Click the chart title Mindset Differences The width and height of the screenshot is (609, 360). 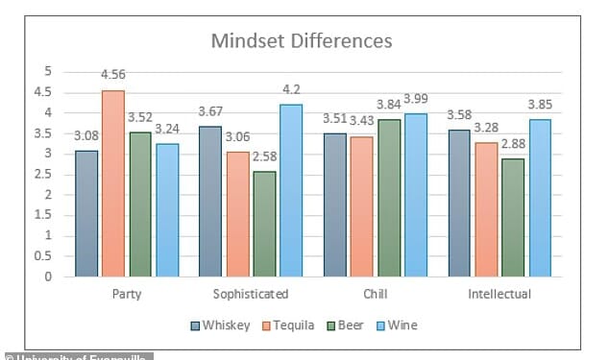(x=302, y=41)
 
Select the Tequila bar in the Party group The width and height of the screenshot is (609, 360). (x=113, y=183)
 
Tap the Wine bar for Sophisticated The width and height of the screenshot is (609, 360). (x=291, y=190)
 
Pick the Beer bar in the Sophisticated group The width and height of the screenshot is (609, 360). (x=263, y=224)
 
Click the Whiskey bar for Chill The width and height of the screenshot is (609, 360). (x=335, y=204)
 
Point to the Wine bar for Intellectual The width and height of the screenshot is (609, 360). (x=540, y=198)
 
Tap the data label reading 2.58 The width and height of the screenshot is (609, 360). (x=265, y=158)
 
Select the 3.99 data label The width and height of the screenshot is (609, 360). (x=417, y=100)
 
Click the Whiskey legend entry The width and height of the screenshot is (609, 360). (x=220, y=325)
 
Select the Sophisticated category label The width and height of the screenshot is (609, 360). (x=251, y=294)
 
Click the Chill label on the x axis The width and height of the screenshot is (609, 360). (x=376, y=294)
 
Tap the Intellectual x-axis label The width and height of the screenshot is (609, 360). (x=499, y=294)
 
